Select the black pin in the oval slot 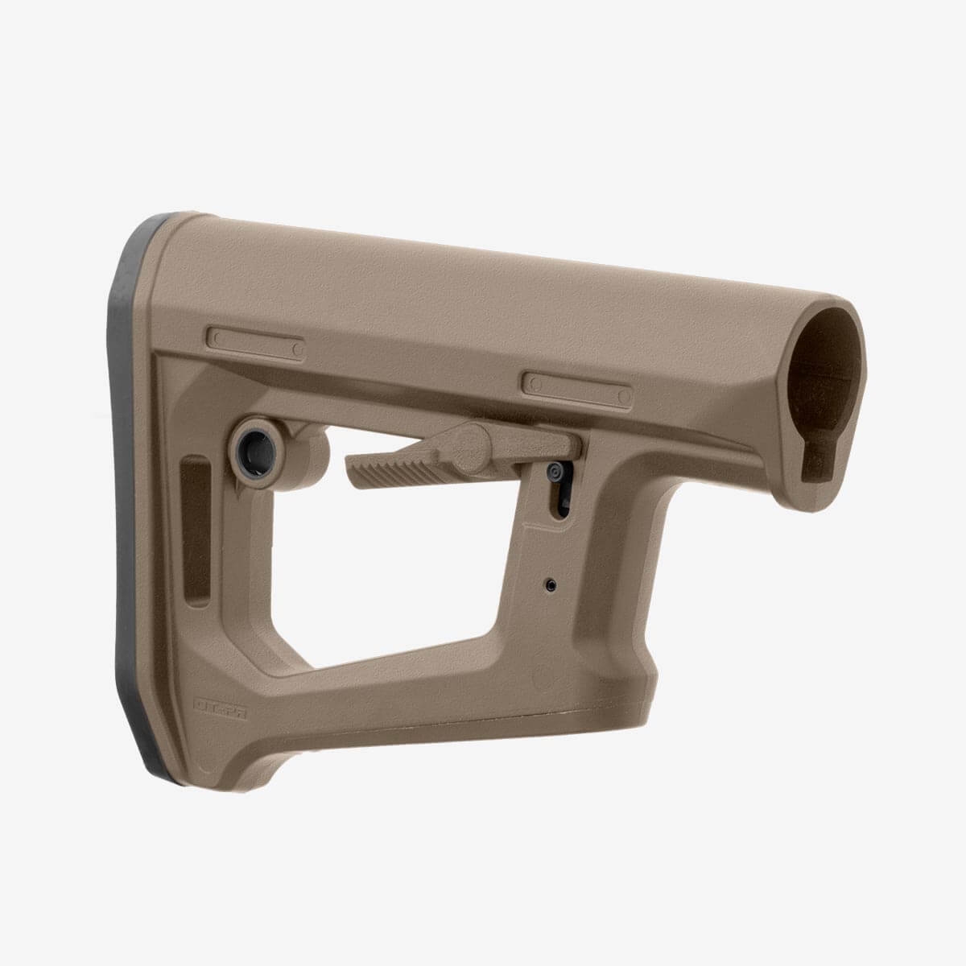coord(555,475)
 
